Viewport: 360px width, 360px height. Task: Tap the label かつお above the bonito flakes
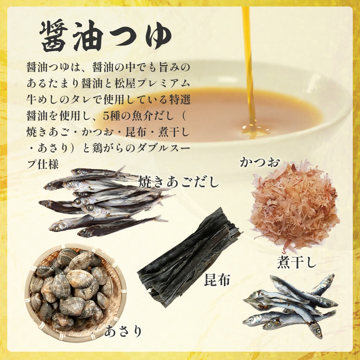[260, 162]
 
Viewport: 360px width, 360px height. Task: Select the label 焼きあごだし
[179, 182]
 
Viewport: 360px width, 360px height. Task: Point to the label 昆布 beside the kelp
[217, 280]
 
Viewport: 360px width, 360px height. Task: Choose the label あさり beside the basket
[123, 331]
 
